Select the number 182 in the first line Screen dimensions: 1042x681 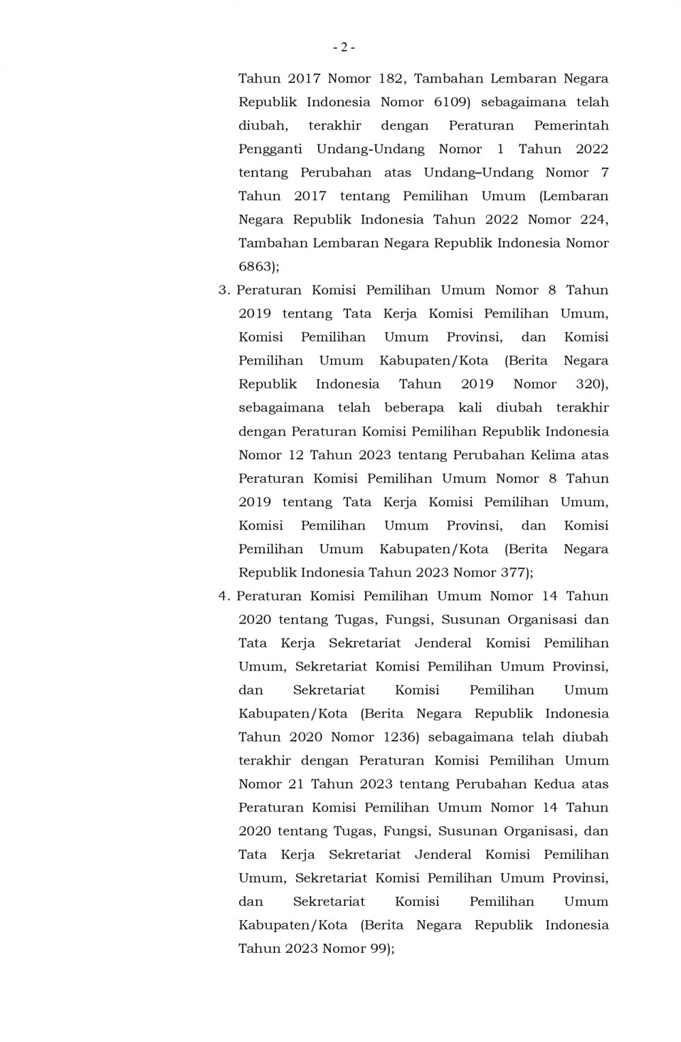pos(392,78)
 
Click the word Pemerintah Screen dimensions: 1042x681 pos(571,125)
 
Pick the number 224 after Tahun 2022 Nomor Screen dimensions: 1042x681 pos(595,219)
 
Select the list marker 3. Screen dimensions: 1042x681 pos(223,290)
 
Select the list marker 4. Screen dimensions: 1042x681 pos(223,596)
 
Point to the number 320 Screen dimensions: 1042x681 pos(590,384)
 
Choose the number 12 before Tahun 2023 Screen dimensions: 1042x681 pos(296,455)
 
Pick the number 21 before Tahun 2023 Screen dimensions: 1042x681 pos(296,784)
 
